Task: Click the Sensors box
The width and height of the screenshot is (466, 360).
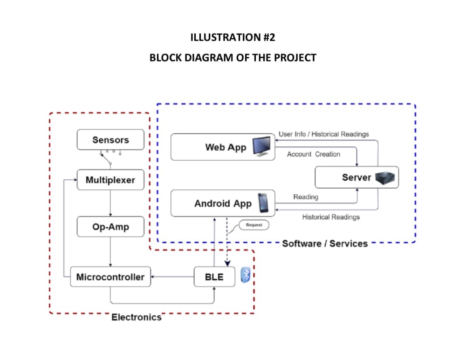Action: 110,140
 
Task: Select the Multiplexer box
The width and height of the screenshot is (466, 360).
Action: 110,180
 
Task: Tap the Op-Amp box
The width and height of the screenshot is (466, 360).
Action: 110,227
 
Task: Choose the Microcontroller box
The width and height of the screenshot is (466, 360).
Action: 110,277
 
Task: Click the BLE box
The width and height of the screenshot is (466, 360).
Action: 214,277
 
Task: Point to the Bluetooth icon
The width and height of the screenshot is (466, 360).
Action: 246,275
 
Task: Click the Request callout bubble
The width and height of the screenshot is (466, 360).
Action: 254,225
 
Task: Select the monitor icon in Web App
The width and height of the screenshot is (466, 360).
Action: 263,146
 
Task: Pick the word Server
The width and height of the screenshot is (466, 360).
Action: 356,177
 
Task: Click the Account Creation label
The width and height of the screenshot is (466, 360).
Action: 314,154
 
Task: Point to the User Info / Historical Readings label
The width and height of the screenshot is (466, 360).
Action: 324,134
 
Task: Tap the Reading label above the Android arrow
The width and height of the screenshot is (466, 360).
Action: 306,197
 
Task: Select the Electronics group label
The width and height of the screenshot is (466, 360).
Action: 136,317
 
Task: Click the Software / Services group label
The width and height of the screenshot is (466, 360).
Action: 325,243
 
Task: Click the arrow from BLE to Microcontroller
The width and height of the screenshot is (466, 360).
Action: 172,277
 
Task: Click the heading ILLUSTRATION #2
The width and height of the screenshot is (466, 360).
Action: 233,38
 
